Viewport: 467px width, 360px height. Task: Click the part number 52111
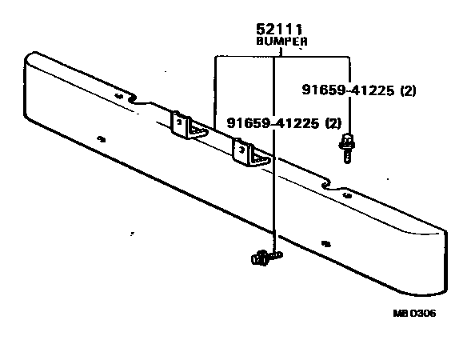279,30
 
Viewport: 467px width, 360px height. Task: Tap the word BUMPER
281,41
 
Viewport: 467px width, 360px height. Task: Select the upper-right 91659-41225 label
348,90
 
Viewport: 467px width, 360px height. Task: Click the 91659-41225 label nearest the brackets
273,122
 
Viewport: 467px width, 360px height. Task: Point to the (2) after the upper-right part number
408,90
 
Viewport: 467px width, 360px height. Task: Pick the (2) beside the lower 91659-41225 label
333,122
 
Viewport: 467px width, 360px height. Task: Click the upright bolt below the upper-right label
347,149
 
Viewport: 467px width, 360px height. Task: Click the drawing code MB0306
414,314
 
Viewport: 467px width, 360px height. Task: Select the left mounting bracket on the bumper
188,126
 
